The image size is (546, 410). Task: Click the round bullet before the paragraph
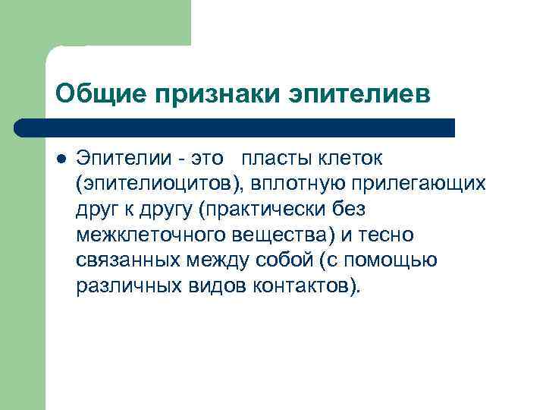click(61, 159)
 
